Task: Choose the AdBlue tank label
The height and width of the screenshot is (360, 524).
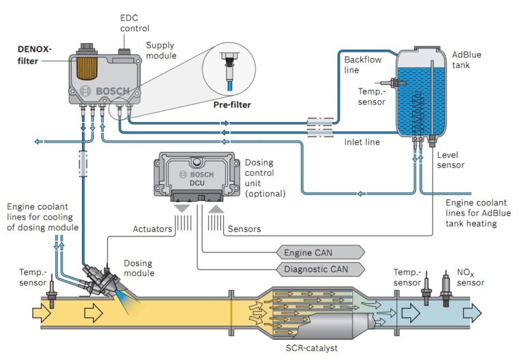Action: coord(467,59)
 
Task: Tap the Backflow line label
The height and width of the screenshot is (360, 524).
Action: coord(362,65)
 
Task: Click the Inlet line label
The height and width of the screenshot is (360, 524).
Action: coord(362,142)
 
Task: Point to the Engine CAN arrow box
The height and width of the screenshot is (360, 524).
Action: coord(321,252)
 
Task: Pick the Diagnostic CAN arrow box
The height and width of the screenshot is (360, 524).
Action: coord(321,269)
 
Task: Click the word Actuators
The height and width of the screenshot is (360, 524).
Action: coord(152,229)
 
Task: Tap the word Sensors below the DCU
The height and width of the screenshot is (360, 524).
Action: coord(245,229)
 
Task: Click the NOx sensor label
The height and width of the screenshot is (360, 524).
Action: coord(471,277)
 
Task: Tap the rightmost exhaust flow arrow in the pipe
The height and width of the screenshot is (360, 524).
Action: coord(471,312)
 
